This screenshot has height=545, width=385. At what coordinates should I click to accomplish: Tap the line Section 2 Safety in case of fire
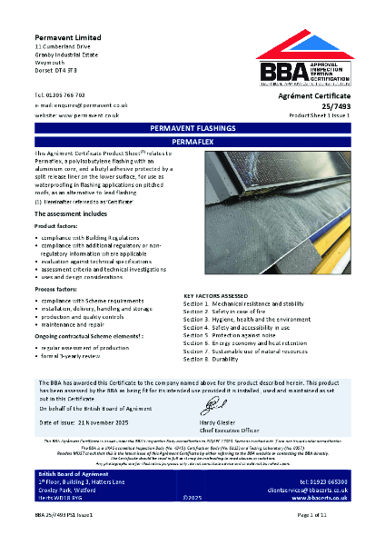pos(232,312)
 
